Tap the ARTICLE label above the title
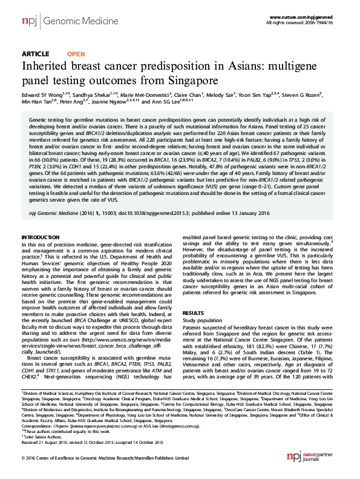point(35,54)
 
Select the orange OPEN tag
point(76,54)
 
